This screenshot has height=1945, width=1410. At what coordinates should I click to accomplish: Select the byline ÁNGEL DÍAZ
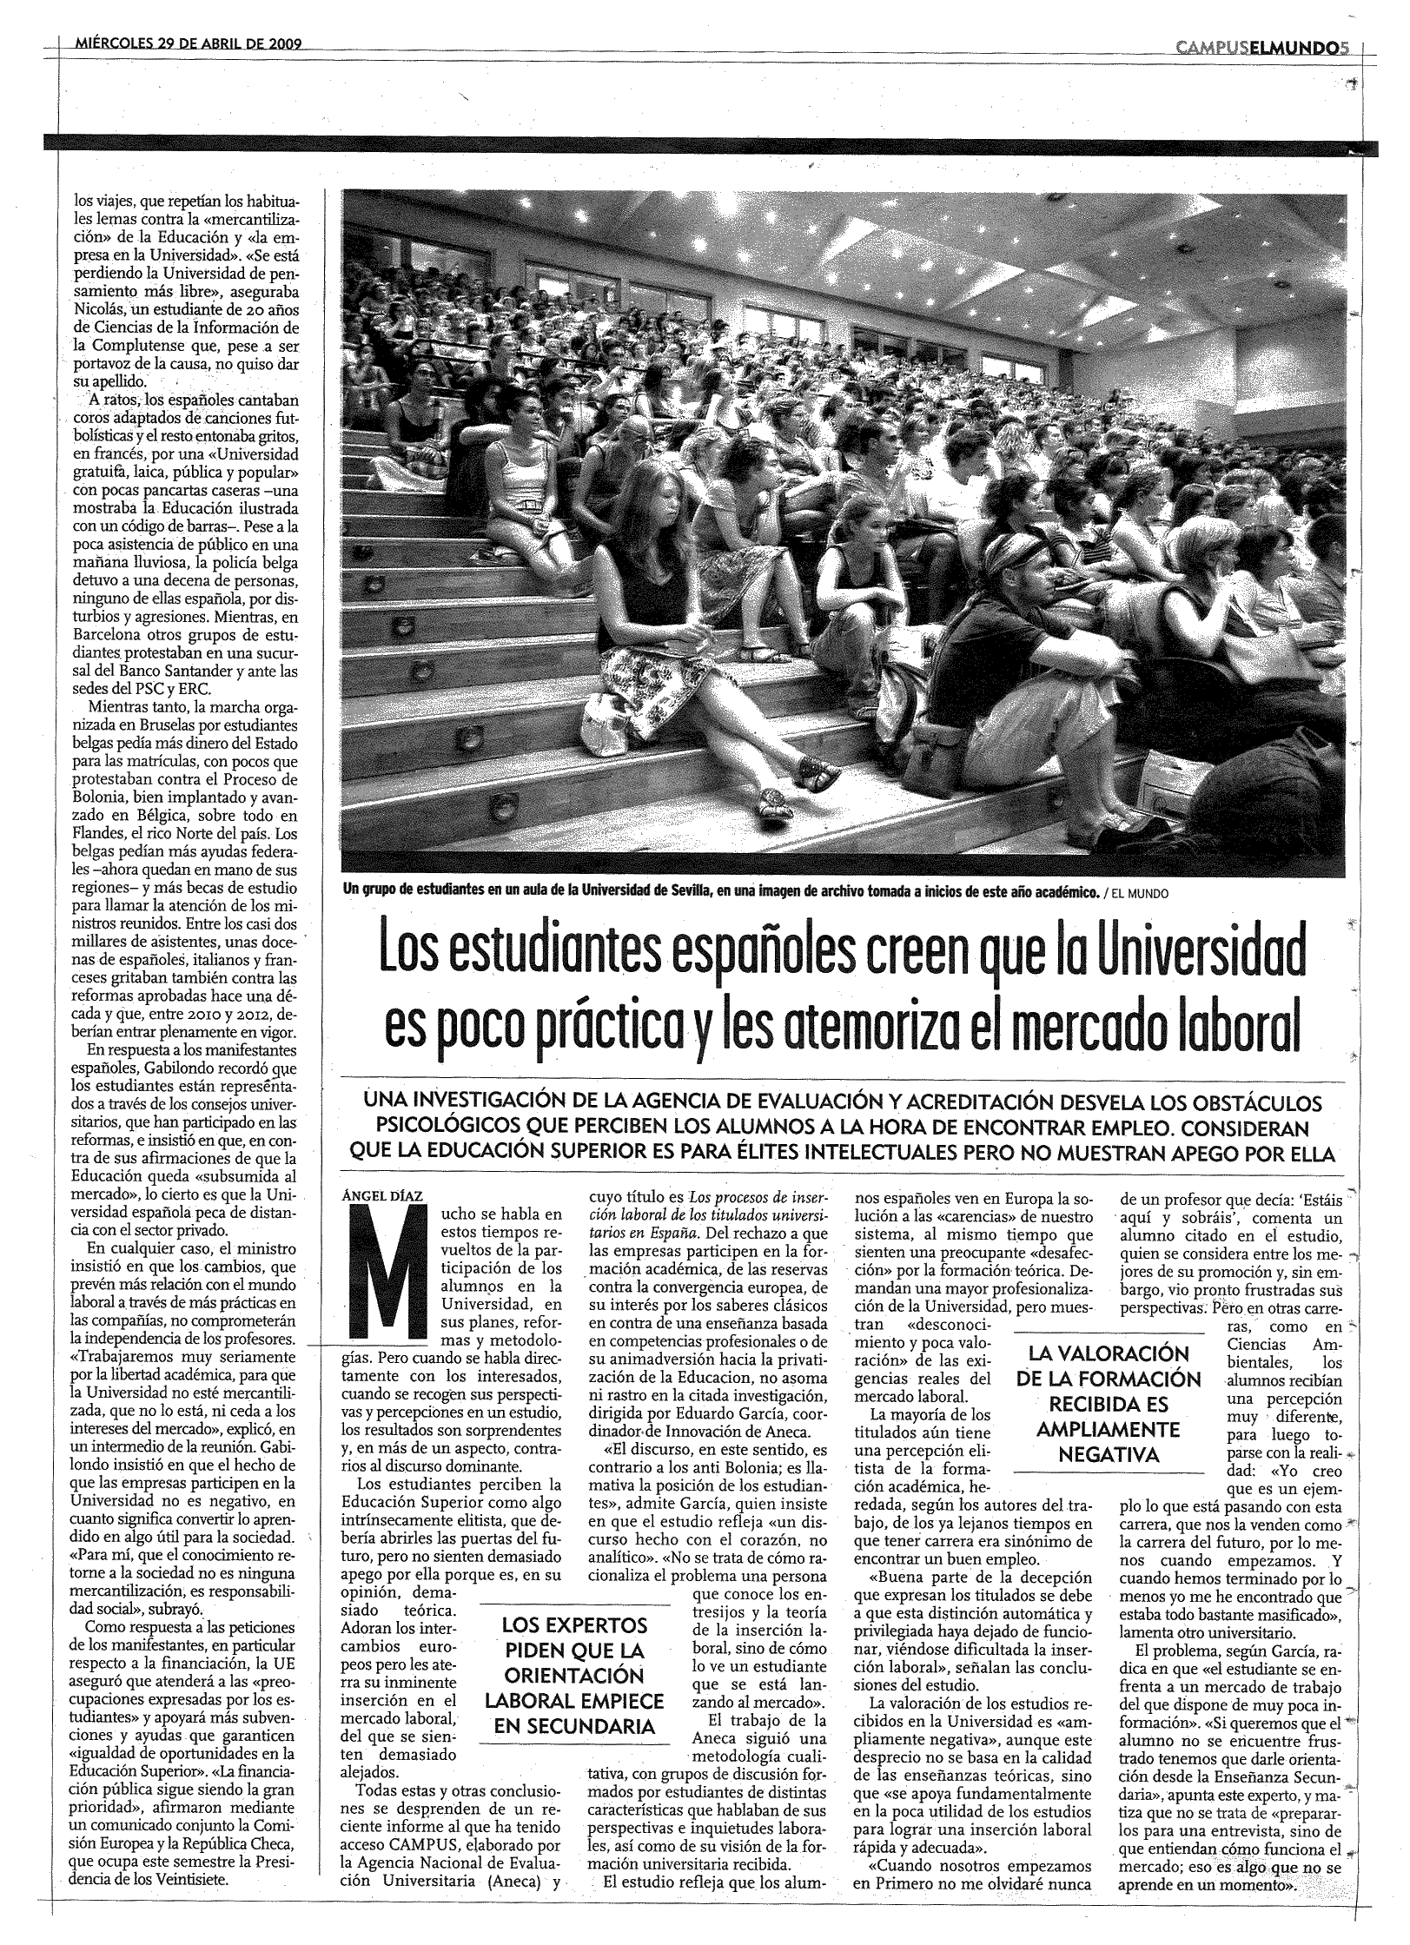383,1195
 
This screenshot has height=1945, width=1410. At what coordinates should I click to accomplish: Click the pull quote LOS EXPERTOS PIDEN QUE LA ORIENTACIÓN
574,1675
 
